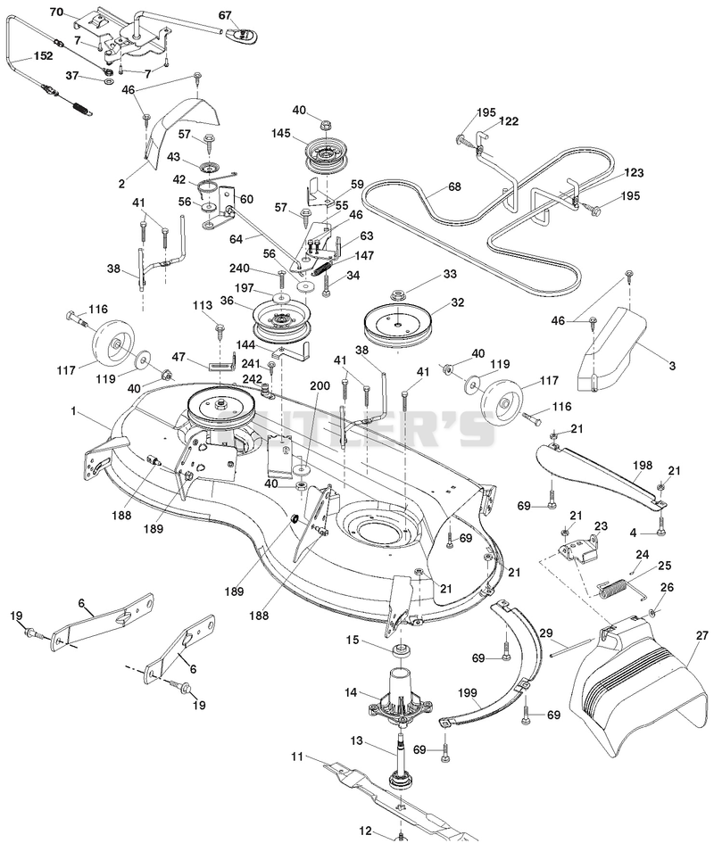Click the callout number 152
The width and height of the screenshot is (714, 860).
click(44, 56)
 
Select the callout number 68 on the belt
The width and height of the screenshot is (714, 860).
click(454, 186)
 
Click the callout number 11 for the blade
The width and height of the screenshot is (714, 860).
click(297, 757)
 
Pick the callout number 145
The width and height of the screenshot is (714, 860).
click(283, 134)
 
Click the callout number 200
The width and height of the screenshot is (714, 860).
click(320, 385)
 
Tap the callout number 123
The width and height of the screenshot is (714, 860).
click(633, 173)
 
